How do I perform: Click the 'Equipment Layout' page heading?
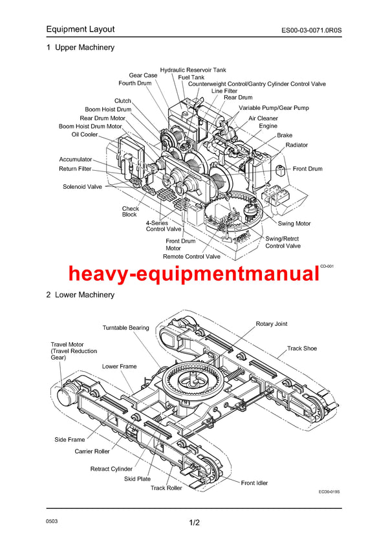click(80, 29)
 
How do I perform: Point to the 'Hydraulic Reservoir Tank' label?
click(193, 69)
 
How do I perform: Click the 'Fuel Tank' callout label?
click(191, 77)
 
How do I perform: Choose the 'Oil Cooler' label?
click(85, 135)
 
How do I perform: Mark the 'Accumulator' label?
click(76, 159)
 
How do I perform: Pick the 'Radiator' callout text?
click(297, 145)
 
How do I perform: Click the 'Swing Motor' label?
click(294, 224)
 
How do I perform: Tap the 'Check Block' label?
click(130, 211)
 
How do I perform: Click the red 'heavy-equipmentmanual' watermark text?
click(194, 275)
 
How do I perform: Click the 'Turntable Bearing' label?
click(125, 328)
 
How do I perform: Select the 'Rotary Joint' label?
click(272, 324)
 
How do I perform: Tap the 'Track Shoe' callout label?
click(302, 349)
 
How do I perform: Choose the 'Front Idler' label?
click(254, 483)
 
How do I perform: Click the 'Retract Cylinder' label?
click(111, 469)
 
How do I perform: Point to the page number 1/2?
click(195, 522)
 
